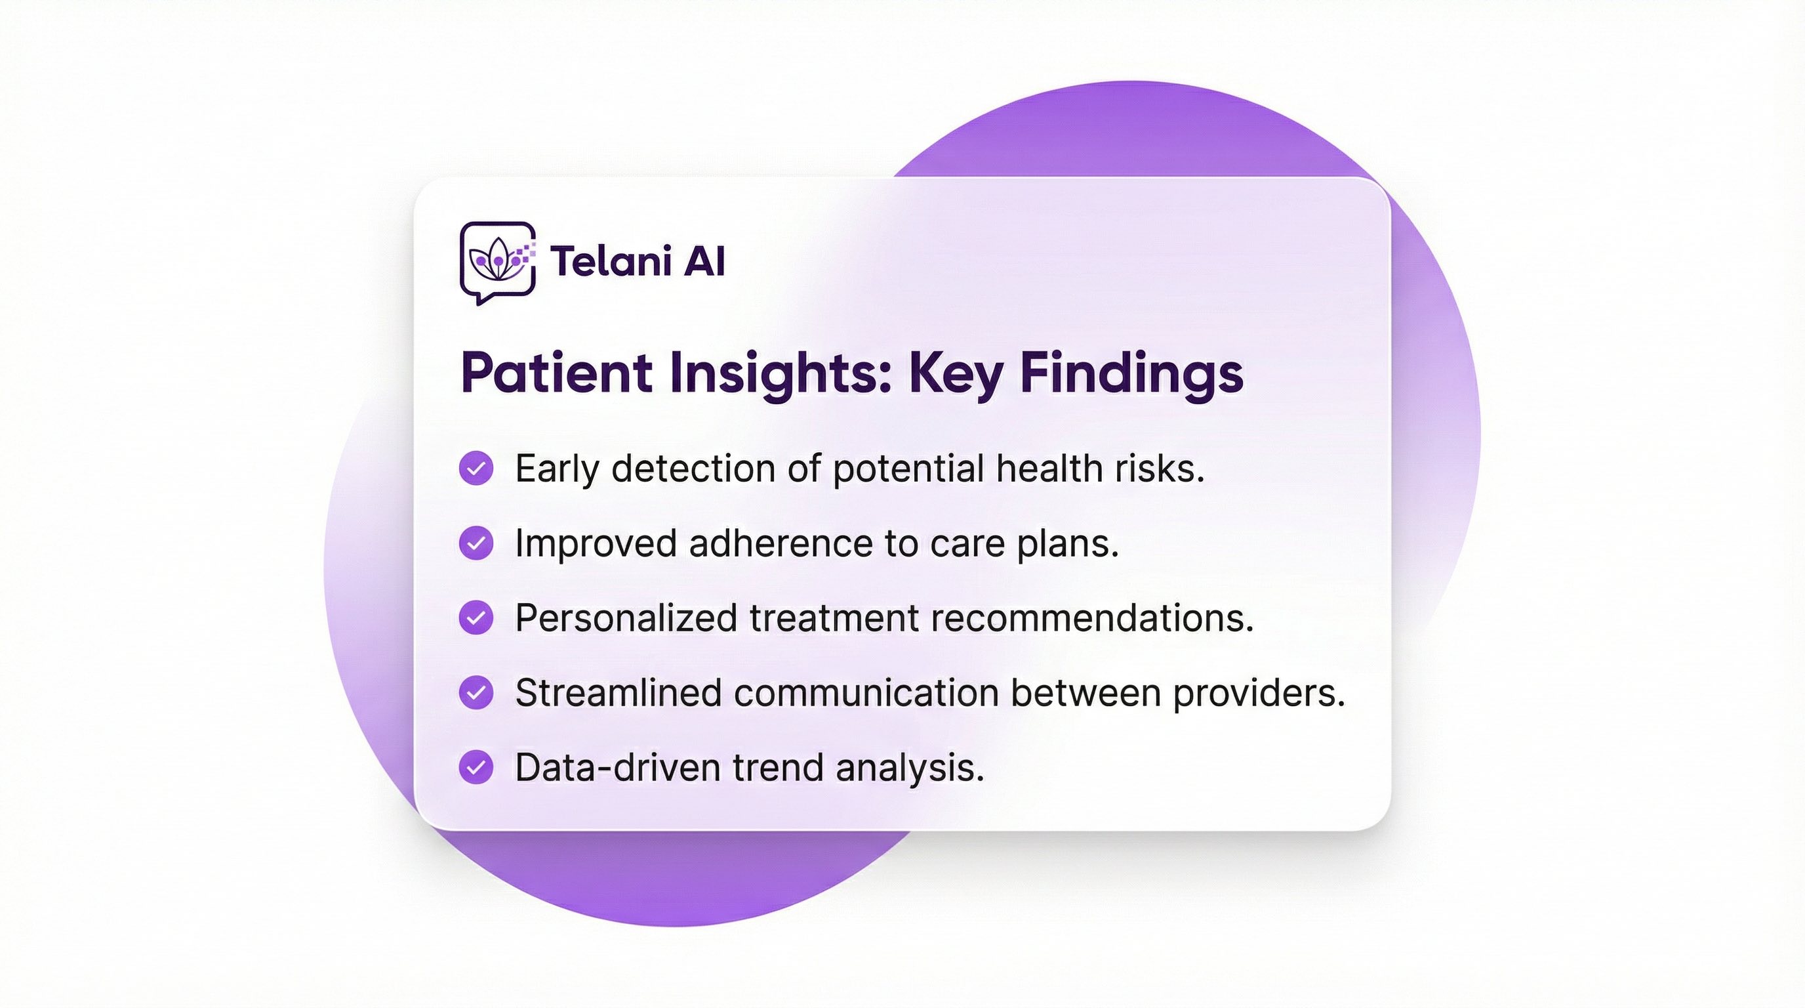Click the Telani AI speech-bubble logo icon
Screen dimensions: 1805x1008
pos(498,263)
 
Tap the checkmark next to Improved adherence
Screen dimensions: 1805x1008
pos(476,543)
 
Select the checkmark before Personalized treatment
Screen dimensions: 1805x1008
pos(476,618)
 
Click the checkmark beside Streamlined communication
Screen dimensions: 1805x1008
pos(476,692)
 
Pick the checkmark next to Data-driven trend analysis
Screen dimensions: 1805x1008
pos(476,767)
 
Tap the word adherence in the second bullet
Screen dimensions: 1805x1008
pos(781,543)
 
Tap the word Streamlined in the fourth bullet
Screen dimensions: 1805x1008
pos(619,692)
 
